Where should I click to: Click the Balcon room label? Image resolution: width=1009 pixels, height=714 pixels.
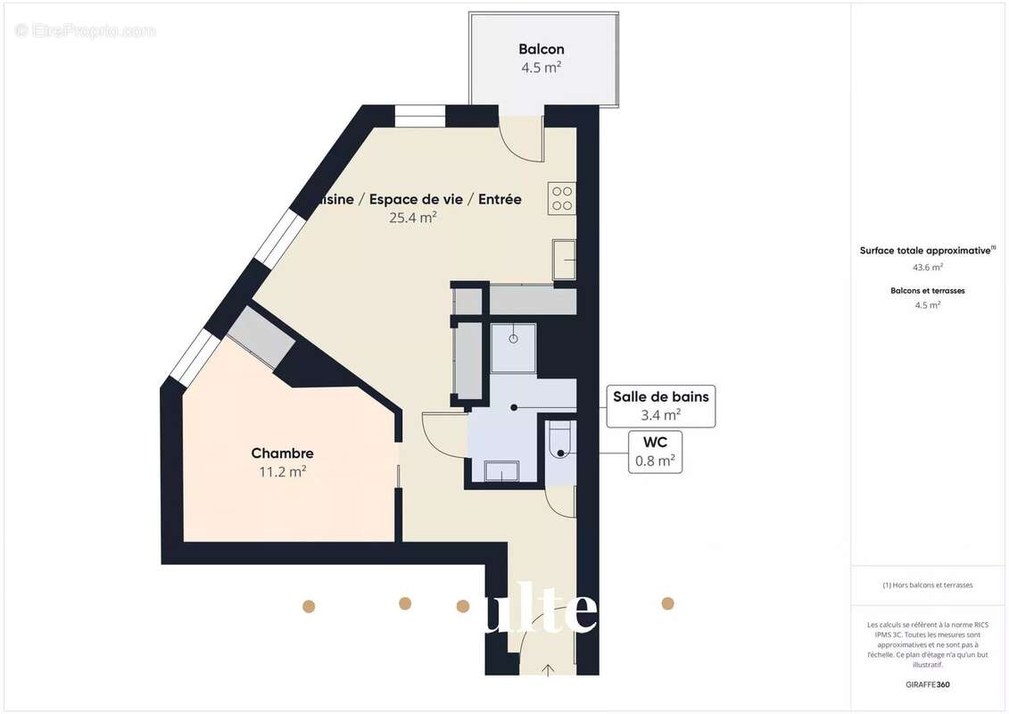click(x=542, y=49)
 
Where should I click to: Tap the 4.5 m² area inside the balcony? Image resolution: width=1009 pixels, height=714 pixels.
click(x=542, y=67)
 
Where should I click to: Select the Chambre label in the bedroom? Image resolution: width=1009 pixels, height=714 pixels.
click(x=282, y=453)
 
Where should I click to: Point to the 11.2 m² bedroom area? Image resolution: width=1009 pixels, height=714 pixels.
click(x=282, y=471)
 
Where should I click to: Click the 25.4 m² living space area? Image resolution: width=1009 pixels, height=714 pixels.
click(x=412, y=217)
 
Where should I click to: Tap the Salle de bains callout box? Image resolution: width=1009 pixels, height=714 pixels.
click(x=660, y=405)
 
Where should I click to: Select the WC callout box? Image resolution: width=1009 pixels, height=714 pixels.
click(x=655, y=452)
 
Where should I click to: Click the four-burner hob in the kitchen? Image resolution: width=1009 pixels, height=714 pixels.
click(x=562, y=197)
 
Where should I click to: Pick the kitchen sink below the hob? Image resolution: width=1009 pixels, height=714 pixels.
click(x=564, y=260)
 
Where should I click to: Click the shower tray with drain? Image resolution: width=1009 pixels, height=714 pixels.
click(x=514, y=345)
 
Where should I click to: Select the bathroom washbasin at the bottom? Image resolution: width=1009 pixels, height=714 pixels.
click(x=501, y=470)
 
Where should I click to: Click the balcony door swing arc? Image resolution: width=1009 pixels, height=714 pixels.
click(x=521, y=143)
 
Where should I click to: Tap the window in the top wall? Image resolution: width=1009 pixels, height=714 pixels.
click(x=420, y=116)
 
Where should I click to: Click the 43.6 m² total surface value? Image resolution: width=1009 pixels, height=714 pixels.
click(x=928, y=267)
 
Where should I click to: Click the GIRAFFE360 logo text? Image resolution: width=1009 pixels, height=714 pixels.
click(x=928, y=685)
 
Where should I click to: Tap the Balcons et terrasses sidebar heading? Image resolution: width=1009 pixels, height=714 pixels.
click(x=928, y=290)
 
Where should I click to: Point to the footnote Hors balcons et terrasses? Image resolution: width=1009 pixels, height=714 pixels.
click(x=928, y=585)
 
